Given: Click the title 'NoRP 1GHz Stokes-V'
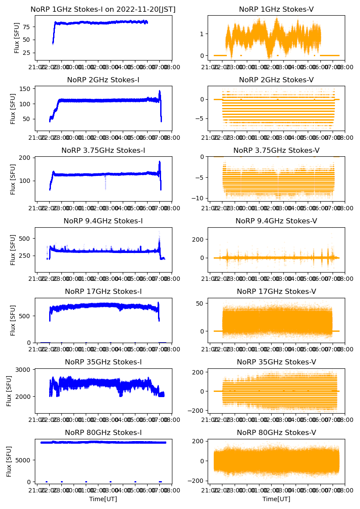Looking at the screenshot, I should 276,10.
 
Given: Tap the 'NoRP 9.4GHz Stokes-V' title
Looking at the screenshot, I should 276,221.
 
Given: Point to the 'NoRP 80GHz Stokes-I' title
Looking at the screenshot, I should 103,433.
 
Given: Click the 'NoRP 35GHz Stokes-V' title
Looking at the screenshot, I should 276,362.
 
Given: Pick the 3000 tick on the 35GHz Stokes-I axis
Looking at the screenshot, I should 24,370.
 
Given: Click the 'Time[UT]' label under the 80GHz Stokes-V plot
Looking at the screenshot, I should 276,499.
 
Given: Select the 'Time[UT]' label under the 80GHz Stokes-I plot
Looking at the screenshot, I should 103,499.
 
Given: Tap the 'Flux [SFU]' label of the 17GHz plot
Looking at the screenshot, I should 13,320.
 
